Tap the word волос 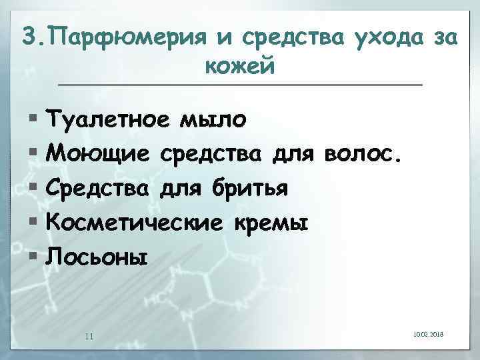362,155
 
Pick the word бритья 251,189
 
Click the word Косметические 133,223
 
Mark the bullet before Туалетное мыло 34,120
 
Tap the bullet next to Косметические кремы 34,223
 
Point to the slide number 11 89,335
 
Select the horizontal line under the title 240,85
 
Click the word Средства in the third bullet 99,189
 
